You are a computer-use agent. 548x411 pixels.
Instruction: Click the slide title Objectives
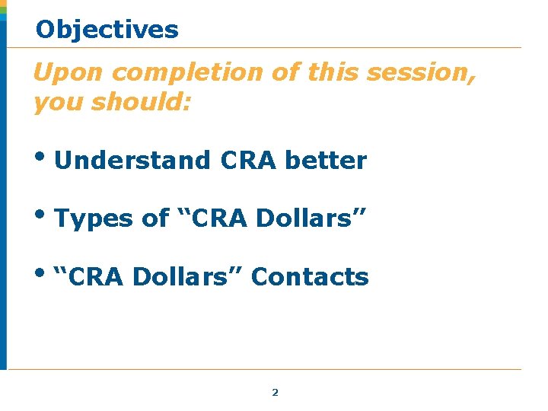107,30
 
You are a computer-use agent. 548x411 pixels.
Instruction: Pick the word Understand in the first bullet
132,161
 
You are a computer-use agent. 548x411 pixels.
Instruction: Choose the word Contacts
310,277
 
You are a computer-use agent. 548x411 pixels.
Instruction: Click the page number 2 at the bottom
275,393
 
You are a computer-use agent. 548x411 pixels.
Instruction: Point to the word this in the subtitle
333,73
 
